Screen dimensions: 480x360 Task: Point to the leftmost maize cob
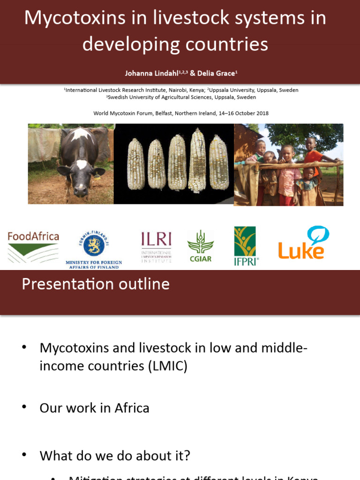pos(136,164)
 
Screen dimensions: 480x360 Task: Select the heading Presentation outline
pos(96,284)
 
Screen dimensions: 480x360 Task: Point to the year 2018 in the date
pos(261,113)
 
